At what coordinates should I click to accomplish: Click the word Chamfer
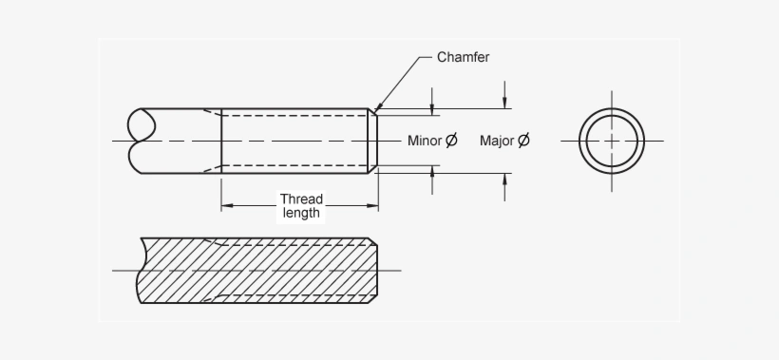point(463,57)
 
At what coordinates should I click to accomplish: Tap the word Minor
point(425,142)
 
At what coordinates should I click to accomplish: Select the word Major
point(497,142)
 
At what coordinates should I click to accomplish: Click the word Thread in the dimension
point(301,199)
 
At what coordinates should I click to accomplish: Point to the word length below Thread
point(301,214)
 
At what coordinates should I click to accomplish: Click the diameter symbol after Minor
point(451,142)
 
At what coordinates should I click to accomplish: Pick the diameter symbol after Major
point(523,142)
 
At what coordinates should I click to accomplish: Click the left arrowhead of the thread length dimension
point(226,205)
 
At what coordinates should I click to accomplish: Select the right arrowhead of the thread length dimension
point(373,205)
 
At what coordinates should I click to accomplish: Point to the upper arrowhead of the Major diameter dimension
point(505,104)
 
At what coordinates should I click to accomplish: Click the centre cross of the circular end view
point(613,141)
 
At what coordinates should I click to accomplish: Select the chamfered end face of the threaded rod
point(373,141)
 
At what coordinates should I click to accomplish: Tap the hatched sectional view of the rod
point(256,271)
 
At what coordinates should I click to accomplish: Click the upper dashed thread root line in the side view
point(294,116)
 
